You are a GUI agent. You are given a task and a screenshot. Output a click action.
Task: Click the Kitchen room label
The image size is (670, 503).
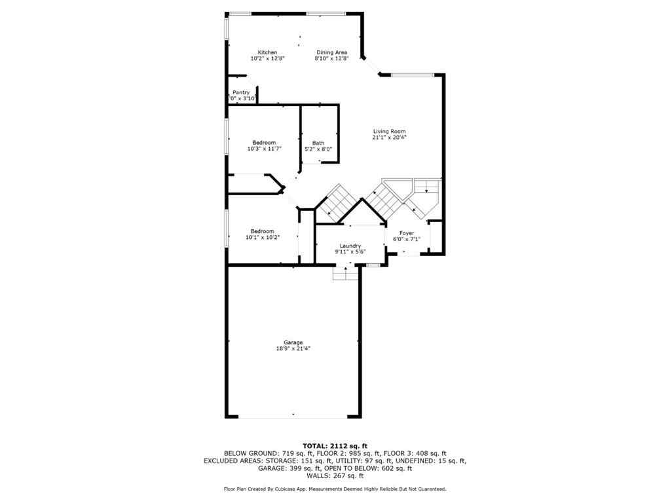tap(267, 52)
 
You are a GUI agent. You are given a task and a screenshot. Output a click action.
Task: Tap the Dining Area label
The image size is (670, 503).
tap(331, 52)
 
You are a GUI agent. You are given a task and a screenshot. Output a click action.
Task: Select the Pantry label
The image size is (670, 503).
tap(241, 92)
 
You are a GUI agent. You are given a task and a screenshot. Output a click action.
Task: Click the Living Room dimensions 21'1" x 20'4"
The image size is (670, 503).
tap(389, 138)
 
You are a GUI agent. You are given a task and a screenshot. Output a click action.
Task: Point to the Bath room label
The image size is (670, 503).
tap(318, 143)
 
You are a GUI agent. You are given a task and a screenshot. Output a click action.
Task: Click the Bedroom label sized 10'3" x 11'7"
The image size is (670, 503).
tap(264, 143)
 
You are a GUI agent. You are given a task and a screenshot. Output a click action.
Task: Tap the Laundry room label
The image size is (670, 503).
tap(350, 246)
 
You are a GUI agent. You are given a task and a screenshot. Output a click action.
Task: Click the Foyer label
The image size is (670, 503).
tap(407, 233)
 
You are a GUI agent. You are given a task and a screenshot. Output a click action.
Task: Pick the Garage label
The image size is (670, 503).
tap(293, 343)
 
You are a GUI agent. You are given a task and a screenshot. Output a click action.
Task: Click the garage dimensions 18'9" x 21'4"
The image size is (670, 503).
tap(293, 348)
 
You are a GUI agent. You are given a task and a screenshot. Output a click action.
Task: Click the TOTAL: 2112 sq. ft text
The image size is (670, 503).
tap(335, 445)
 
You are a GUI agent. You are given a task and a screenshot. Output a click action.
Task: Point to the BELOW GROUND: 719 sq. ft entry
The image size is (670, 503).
tap(261, 453)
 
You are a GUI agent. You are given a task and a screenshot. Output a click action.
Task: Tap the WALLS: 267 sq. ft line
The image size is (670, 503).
tap(335, 476)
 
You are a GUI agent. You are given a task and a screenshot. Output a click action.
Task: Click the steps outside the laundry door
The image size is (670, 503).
tap(345, 274)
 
